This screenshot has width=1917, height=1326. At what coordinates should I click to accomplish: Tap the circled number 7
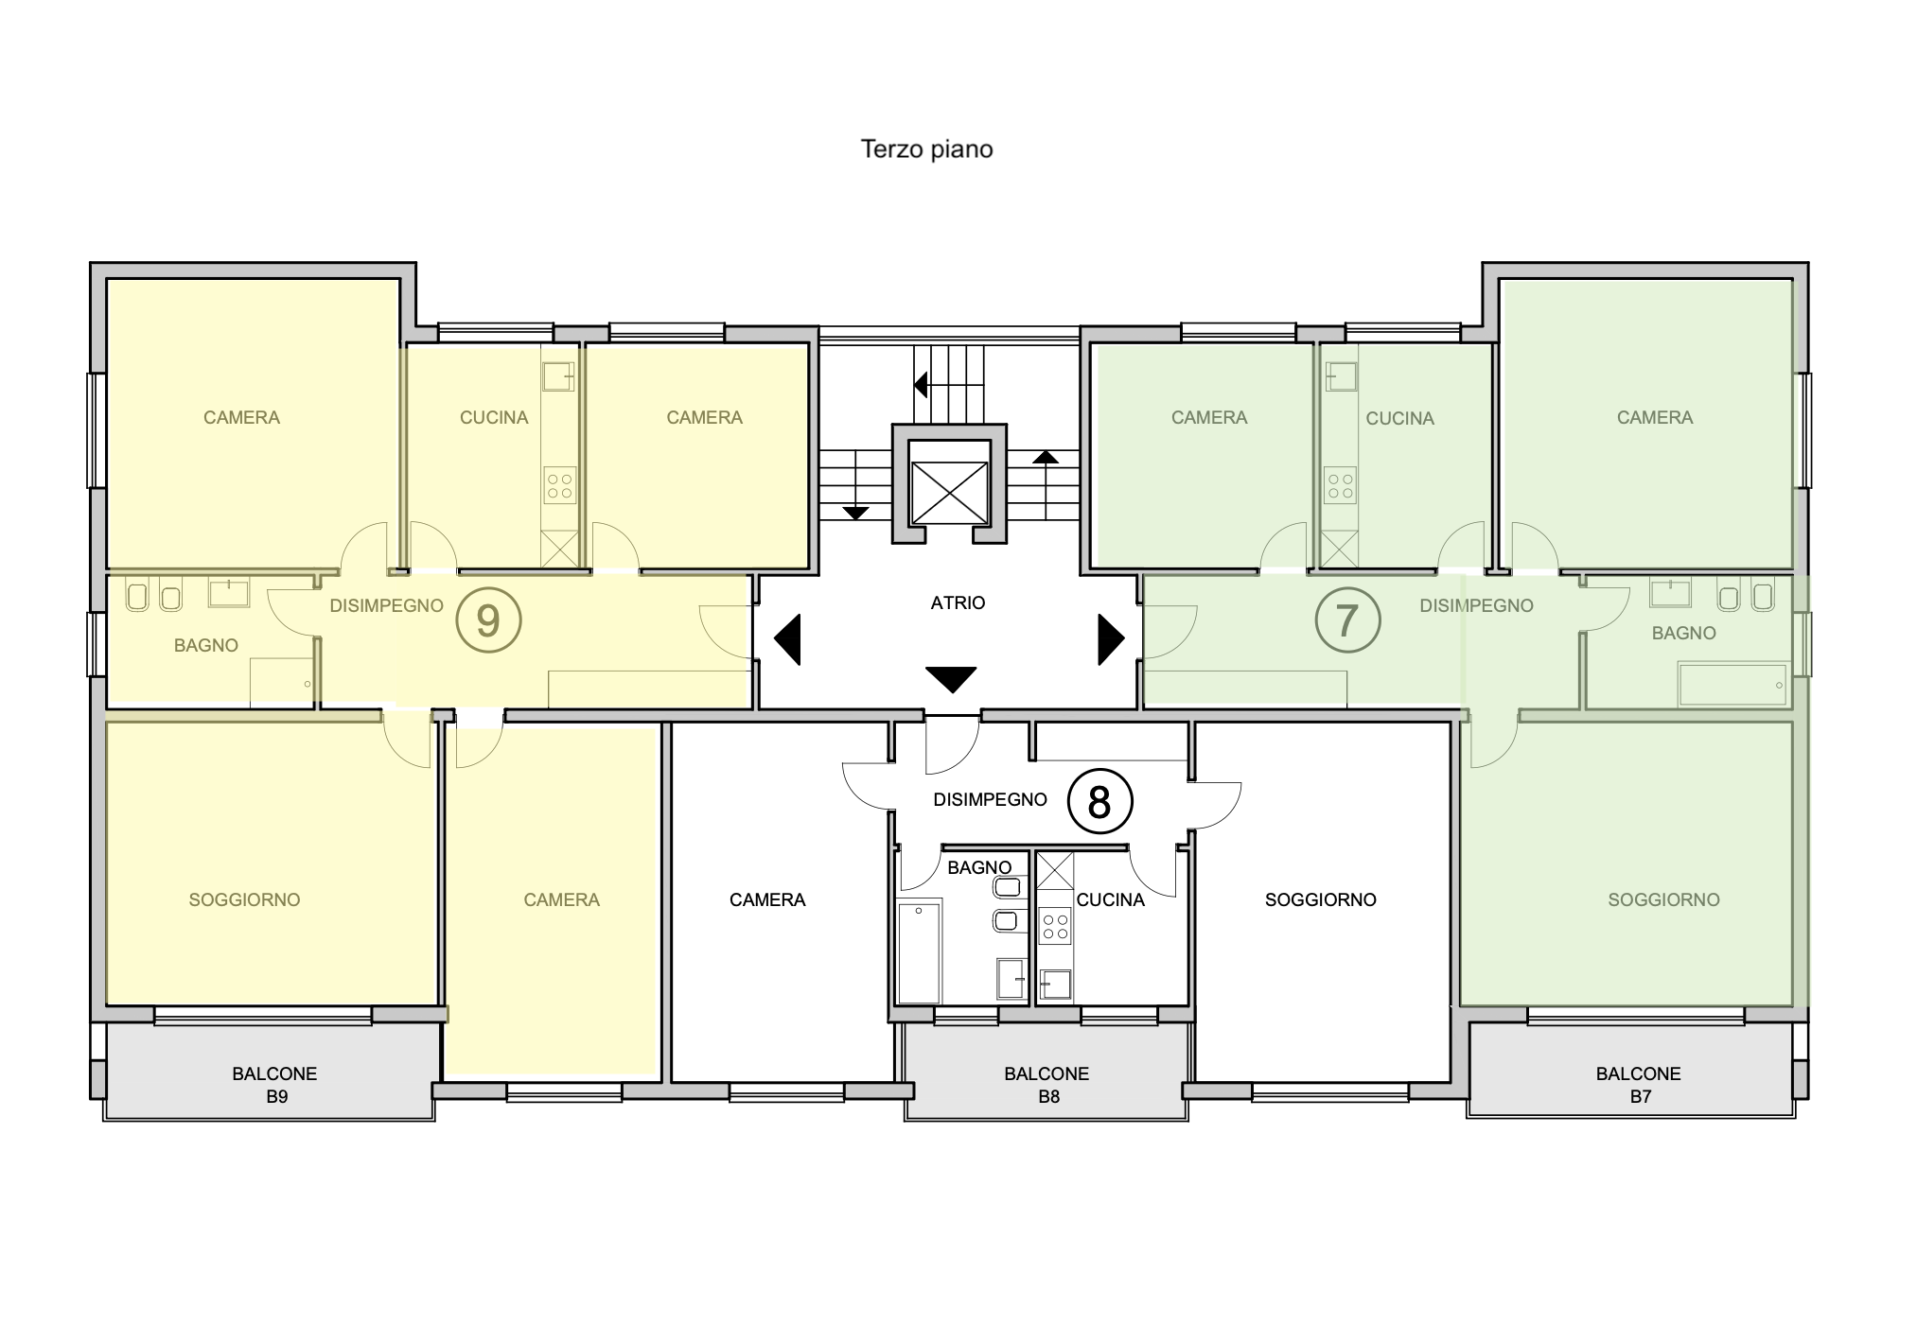pos(1347,620)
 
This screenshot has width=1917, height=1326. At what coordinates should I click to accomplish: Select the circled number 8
pos(1099,802)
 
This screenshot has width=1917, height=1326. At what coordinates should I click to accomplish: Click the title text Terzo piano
pos(926,149)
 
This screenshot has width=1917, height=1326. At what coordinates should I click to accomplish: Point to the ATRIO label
pos(958,602)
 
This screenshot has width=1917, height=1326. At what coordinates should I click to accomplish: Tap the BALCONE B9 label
pos(274,1085)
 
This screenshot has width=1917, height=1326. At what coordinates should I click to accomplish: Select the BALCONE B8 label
pos(1046,1085)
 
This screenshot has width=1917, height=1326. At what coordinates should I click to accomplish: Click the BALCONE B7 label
pos(1638,1085)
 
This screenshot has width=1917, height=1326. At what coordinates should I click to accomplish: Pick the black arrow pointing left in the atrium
pos(787,640)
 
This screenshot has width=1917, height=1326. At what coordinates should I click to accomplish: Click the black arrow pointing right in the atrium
pos(1111,640)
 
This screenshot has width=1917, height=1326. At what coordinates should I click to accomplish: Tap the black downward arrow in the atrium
pos(950,679)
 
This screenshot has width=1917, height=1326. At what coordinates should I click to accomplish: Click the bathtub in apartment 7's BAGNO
pos(1733,685)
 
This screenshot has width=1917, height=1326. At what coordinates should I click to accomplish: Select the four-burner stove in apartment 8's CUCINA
pos(1055,926)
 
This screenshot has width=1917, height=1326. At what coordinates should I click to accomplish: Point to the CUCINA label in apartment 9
pos(494,417)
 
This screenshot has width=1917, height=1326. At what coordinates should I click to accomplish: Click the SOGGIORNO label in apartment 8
pos(1320,899)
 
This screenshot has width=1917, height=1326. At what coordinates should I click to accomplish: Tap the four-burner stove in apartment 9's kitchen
pos(559,486)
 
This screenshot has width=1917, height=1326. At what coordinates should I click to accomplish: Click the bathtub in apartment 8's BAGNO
pos(919,952)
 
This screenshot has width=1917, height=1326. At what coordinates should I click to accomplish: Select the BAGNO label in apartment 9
pos(206,645)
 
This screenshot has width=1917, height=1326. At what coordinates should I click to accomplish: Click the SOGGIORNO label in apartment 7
pos(1663,899)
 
